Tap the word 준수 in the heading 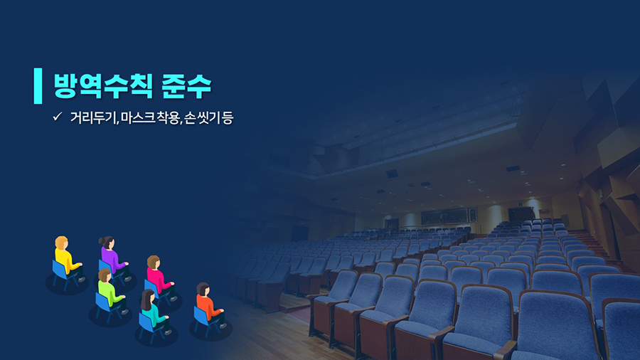pyautogui.click(x=186, y=86)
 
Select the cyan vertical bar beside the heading pyautogui.click(x=38, y=85)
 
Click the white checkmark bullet pyautogui.click(x=57, y=117)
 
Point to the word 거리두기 pyautogui.click(x=93, y=117)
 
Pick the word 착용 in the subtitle pyautogui.click(x=168, y=117)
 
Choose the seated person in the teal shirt pyautogui.click(x=155, y=312)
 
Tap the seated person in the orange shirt pyautogui.click(x=210, y=305)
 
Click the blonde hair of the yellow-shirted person pyautogui.click(x=61, y=242)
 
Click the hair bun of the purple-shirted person pyautogui.click(x=101, y=240)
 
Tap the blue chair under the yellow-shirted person pyautogui.click(x=63, y=275)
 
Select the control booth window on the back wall pyautogui.click(x=449, y=216)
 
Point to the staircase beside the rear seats pyautogui.click(x=590, y=243)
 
